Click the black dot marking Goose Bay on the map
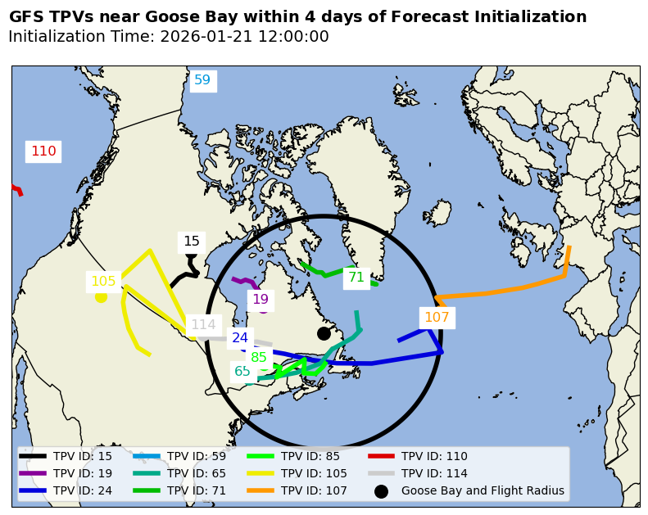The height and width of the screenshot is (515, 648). (324, 333)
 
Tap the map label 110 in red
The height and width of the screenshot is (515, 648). (43, 151)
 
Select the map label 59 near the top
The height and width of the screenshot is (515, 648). (202, 80)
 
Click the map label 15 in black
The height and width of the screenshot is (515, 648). (192, 242)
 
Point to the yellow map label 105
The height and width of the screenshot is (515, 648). (103, 282)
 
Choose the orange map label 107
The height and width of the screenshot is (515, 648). (437, 318)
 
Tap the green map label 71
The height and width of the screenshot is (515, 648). (356, 278)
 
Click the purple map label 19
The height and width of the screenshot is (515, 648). (261, 300)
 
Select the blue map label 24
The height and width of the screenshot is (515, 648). (240, 337)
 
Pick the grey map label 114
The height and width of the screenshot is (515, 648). (203, 325)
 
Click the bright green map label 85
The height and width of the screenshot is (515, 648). (259, 357)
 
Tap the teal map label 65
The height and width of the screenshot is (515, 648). (242, 372)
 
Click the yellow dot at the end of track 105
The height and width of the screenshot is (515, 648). (101, 296)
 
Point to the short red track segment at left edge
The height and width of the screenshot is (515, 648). (16, 190)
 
